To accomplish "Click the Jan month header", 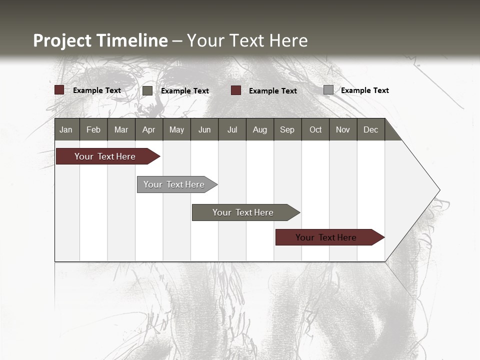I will tap(66, 130).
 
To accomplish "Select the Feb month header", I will tap(93, 130).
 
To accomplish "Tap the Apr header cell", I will tap(148, 130).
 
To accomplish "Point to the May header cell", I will tap(176, 130).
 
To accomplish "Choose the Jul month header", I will tap(232, 130).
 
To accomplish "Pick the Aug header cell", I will tap(259, 130).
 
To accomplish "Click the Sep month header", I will tap(287, 130).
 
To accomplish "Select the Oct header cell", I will tap(315, 130).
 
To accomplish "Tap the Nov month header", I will tap(343, 130).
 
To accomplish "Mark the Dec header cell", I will tap(370, 130).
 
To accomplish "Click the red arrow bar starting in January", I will tap(105, 156).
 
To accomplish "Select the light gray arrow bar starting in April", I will tap(174, 184).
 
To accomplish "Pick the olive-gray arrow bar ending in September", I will tap(243, 212).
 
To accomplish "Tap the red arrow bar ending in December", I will tap(326, 237).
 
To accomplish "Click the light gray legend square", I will tap(328, 90).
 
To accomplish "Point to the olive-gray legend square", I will tap(147, 90).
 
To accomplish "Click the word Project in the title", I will tap(62, 40).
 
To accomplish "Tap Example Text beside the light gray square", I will tap(364, 90).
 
